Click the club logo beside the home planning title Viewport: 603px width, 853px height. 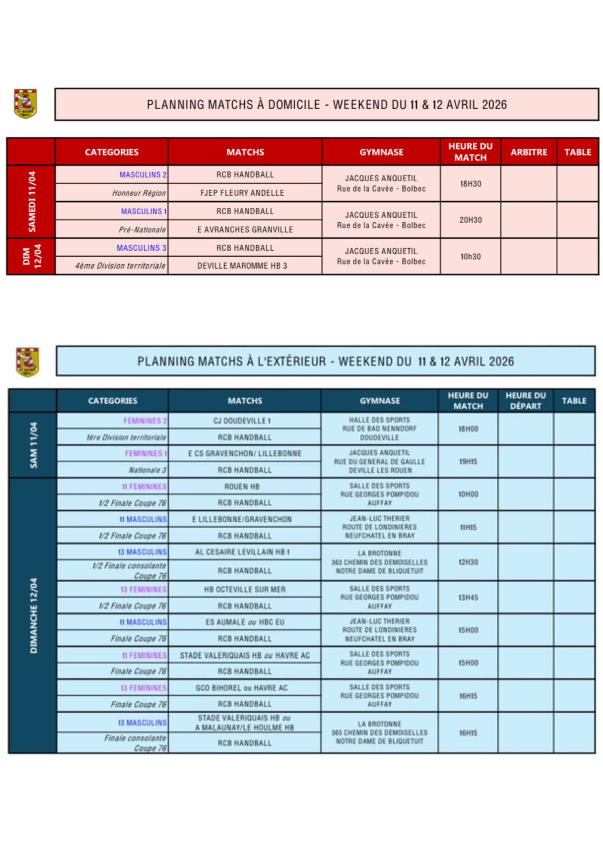25,104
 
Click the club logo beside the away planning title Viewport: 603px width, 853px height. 28,362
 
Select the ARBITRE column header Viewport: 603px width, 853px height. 528,152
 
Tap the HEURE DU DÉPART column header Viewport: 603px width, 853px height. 525,401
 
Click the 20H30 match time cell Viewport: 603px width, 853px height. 470,220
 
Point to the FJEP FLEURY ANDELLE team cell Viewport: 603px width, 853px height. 242,193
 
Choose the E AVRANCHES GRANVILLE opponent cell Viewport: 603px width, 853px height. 245,230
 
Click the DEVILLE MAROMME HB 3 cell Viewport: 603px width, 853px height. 242,266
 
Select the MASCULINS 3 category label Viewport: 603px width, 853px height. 141,248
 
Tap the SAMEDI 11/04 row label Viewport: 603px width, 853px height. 32,202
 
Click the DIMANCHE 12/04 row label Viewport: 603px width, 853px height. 33,615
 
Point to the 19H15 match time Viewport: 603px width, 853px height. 468,462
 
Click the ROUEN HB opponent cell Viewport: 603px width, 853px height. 242,486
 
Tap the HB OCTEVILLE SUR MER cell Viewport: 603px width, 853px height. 244,590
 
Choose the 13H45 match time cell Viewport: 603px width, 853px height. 468,598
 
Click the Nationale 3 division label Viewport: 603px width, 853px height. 147,470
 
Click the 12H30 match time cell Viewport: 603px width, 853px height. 468,562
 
